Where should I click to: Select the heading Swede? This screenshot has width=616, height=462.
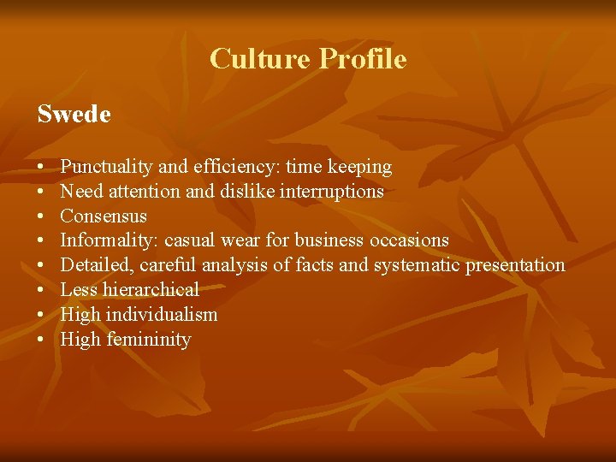click(74, 114)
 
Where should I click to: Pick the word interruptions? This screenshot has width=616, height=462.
click(333, 192)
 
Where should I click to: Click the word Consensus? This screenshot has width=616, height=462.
click(104, 216)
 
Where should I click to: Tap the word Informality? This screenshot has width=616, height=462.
click(110, 240)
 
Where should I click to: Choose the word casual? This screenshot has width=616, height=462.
click(192, 240)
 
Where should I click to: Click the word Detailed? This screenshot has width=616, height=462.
click(96, 265)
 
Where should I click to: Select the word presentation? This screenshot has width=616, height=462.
click(515, 265)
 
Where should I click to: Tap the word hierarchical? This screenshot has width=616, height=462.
click(151, 290)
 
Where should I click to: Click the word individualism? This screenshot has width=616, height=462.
click(163, 315)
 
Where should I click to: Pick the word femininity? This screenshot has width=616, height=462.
click(149, 340)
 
